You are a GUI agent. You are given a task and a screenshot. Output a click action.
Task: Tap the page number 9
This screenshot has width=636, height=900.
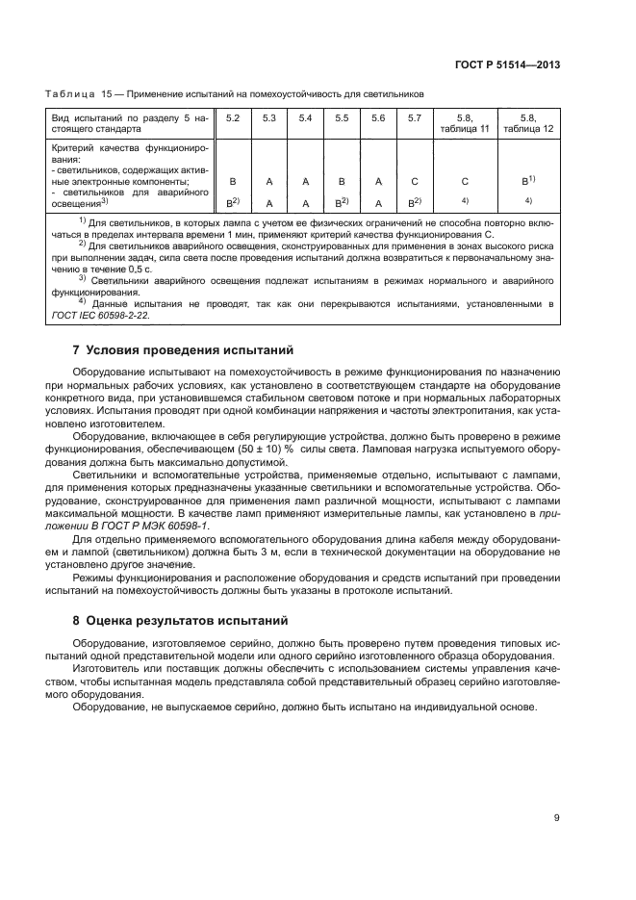(x=557, y=818)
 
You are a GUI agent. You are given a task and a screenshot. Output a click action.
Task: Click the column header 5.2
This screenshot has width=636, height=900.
(x=232, y=117)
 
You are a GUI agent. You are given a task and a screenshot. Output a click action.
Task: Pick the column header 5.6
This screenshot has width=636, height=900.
(x=378, y=117)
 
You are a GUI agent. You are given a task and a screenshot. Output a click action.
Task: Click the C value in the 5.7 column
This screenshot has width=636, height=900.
(x=415, y=180)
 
